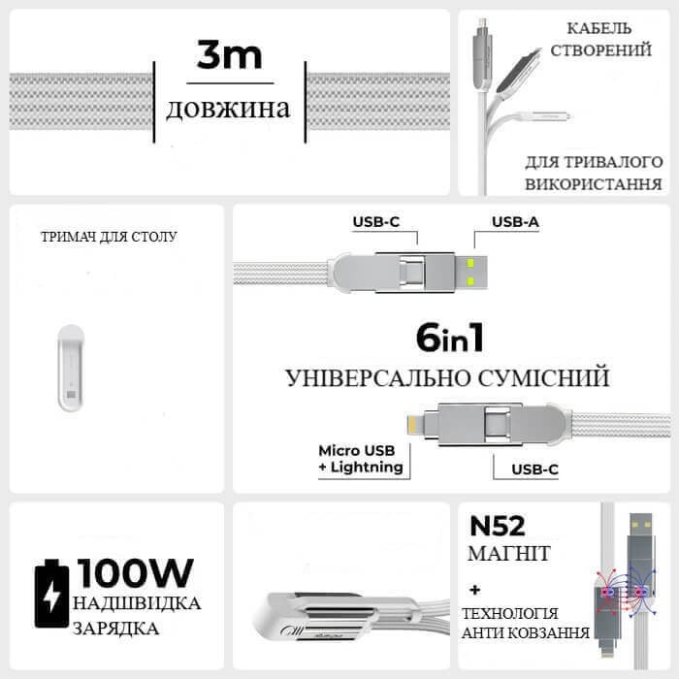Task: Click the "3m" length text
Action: (229, 56)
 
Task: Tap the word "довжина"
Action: (228, 108)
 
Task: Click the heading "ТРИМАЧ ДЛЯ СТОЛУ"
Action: (110, 236)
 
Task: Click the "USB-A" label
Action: (515, 222)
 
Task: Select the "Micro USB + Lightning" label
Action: (360, 459)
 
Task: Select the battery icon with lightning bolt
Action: (48, 594)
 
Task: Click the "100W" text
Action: (137, 573)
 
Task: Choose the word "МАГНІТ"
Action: (509, 553)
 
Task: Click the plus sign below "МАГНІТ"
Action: (475, 589)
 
